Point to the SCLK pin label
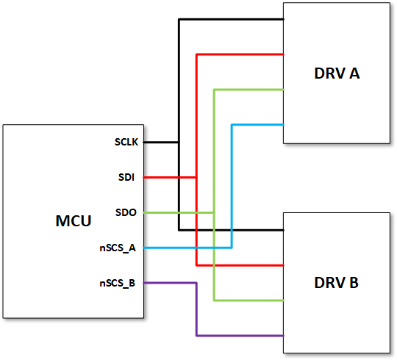point(127,142)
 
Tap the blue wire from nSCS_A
point(232,184)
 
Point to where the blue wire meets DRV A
point(284,125)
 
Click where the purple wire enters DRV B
point(284,336)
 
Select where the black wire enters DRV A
point(284,19)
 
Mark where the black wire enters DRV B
point(284,230)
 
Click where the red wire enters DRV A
point(284,54)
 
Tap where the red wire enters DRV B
point(284,265)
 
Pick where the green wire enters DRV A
point(284,90)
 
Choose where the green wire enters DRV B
point(284,300)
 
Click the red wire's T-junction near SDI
point(196,177)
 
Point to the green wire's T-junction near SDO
point(214,212)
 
